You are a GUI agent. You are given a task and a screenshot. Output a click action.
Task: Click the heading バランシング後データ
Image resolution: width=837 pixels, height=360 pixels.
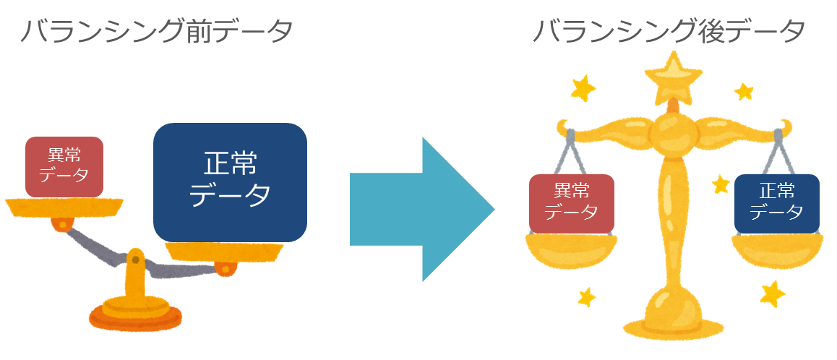click(x=669, y=32)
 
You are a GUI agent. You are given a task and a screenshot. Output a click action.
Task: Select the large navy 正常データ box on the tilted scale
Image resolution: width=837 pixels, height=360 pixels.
click(x=230, y=181)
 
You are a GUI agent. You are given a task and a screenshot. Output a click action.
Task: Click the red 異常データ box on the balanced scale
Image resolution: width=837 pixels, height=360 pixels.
click(x=571, y=202)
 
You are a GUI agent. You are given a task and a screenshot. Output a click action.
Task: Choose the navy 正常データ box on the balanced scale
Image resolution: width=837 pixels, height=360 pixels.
click(x=777, y=202)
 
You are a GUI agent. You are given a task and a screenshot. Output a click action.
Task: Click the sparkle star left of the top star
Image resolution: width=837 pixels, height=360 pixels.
click(x=583, y=89)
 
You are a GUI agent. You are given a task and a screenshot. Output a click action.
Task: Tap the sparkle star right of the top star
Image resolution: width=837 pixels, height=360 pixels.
click(x=744, y=91)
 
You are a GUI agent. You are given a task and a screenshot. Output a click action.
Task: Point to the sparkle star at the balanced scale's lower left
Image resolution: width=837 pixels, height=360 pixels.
click(x=587, y=296)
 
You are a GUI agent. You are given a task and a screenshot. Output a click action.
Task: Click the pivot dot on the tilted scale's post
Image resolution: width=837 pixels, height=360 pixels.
click(x=135, y=260)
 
